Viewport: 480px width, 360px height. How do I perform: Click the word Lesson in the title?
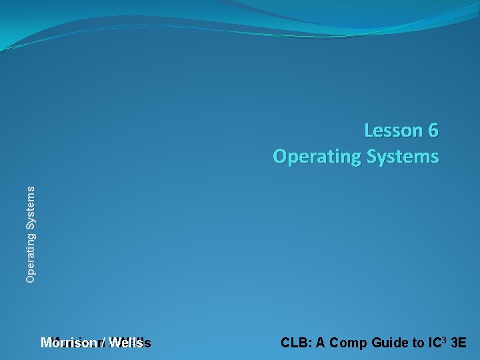coord(393,131)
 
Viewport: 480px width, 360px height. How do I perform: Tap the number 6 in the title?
coord(433,131)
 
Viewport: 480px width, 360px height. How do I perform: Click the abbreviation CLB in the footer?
coord(294,343)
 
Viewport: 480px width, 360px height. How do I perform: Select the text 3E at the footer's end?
coord(459,343)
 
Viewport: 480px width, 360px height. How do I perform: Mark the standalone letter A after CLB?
coord(321,343)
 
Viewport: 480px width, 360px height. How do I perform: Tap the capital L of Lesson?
coord(369,131)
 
